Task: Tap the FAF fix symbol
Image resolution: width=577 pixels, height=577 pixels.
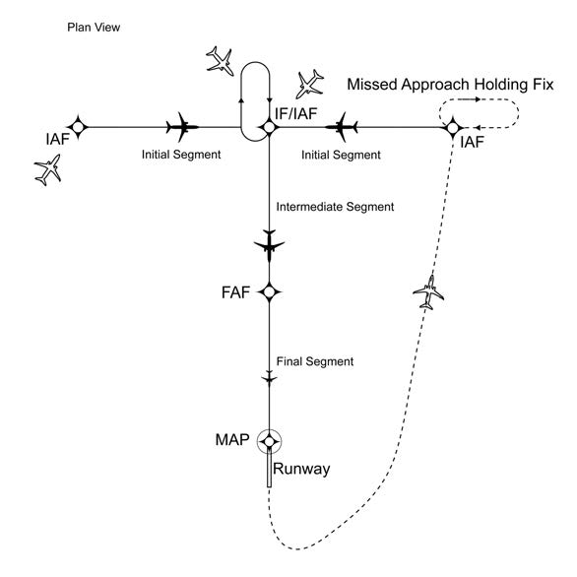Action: pos(269,291)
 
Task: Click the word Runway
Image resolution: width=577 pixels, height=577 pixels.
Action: pos(301,470)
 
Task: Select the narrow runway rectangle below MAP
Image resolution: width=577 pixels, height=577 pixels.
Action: pos(269,471)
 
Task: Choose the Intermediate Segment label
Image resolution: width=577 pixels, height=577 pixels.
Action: pos(336,207)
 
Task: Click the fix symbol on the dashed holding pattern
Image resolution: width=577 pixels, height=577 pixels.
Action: pos(452,126)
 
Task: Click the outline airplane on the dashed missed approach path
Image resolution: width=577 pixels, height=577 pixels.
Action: pos(428,290)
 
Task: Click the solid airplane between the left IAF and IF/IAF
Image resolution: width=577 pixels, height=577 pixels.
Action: pos(183,126)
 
